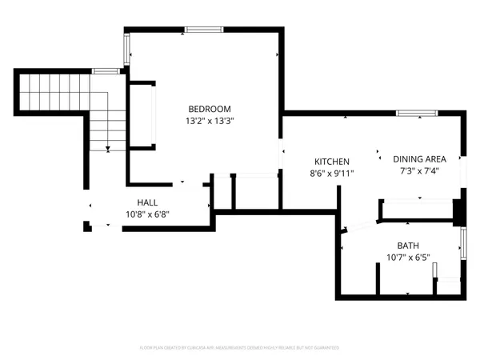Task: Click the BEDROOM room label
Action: click(x=210, y=109)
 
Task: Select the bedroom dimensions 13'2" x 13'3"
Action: click(x=210, y=121)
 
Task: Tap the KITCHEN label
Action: click(x=331, y=161)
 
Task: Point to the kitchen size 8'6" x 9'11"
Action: click(x=331, y=173)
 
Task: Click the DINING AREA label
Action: click(x=418, y=158)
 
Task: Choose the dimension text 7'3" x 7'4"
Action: click(x=418, y=170)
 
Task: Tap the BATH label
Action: click(x=408, y=246)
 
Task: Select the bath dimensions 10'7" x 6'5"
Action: click(x=408, y=258)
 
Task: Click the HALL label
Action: click(x=147, y=202)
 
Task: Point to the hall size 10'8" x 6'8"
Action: click(x=147, y=214)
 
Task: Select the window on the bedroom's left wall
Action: click(x=126, y=49)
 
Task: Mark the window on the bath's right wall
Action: click(x=462, y=243)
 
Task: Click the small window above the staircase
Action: click(x=106, y=71)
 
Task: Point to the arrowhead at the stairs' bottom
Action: click(x=106, y=148)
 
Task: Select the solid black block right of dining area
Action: click(x=458, y=210)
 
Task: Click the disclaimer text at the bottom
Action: click(x=239, y=348)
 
